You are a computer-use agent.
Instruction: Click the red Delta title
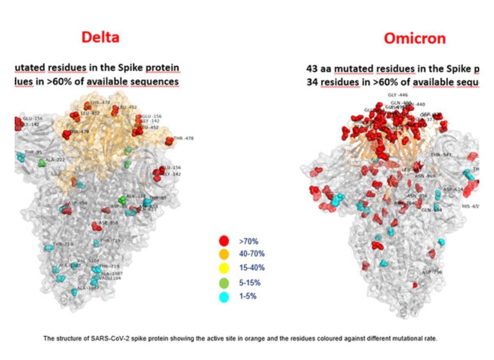(x=100, y=37)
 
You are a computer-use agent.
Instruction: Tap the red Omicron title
(x=414, y=39)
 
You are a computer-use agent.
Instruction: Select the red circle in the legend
(x=224, y=240)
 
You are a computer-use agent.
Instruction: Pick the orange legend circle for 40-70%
(x=224, y=254)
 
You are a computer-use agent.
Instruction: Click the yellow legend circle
(x=224, y=268)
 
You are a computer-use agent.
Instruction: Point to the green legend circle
(x=224, y=283)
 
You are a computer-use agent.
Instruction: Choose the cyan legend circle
(x=224, y=297)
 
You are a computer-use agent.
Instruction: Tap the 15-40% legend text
(x=251, y=268)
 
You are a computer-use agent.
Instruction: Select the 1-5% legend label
(x=247, y=297)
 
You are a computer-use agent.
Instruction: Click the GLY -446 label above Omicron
(x=397, y=95)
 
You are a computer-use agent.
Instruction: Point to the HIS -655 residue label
(x=469, y=207)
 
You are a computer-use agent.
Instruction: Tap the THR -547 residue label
(x=441, y=155)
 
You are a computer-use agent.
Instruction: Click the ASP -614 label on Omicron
(x=453, y=190)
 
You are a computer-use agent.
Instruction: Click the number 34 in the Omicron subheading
(x=312, y=82)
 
